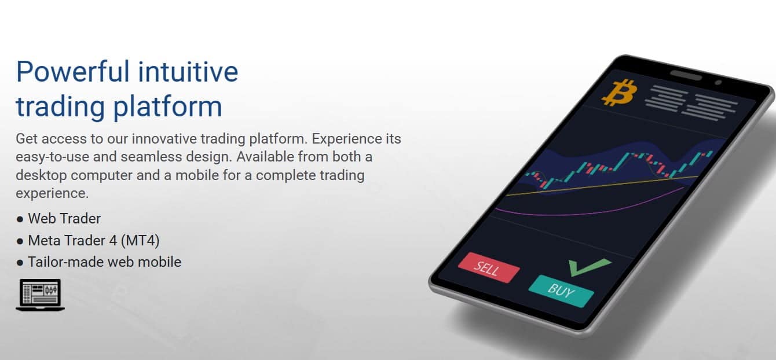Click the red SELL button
pos(489,267)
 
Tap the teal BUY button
pos(561,291)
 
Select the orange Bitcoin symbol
pos(620,93)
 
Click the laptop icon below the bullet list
pos(40,295)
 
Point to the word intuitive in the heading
pos(188,72)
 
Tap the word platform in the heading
pos(168,107)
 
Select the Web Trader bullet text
pos(64,219)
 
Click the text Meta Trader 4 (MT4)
pos(94,241)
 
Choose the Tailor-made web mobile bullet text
pos(105,262)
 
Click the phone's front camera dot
pos(718,82)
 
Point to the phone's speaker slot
pos(686,75)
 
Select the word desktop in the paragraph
pos(41,175)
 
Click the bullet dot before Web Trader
pos(20,219)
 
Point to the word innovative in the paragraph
pos(164,139)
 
